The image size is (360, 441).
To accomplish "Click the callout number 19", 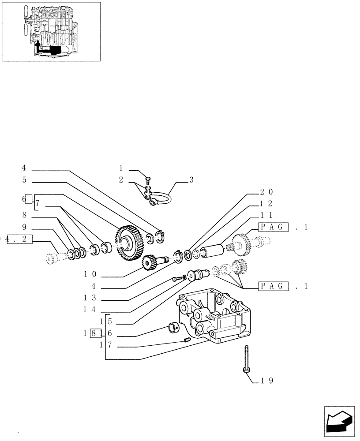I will (x=267, y=380).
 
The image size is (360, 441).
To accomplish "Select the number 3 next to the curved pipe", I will (x=191, y=179).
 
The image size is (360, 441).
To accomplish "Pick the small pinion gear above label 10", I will (x=148, y=263).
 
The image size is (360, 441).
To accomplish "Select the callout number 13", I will (x=90, y=298).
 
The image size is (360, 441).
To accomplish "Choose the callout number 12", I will (x=266, y=203).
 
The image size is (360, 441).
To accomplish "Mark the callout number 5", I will (x=24, y=179).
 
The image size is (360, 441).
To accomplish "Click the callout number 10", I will (x=90, y=274).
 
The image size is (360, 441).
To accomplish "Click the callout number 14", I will (x=90, y=310).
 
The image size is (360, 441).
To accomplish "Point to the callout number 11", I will (x=266, y=215).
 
